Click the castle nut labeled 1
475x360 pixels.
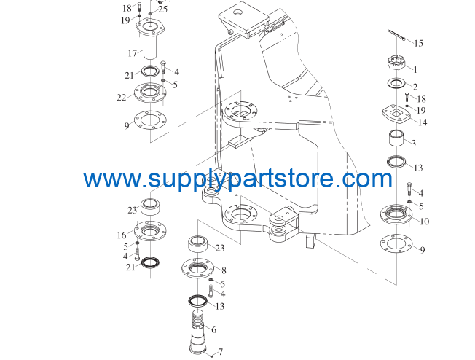pyautogui.click(x=396, y=63)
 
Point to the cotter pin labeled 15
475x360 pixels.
pyautogui.click(x=396, y=35)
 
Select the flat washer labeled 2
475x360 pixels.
pyautogui.click(x=396, y=84)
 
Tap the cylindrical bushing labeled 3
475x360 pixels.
pyautogui.click(x=396, y=138)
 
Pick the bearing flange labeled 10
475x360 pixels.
pyautogui.click(x=396, y=214)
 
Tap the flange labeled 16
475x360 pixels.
pyautogui.click(x=150, y=230)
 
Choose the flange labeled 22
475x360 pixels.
pyautogui.click(x=150, y=93)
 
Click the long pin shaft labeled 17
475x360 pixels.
pyautogui.click(x=150, y=39)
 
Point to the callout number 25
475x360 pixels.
pyautogui.click(x=162, y=9)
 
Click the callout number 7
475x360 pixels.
pyautogui.click(x=220, y=351)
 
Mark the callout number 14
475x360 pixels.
pyautogui.click(x=423, y=122)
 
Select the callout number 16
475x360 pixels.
pyautogui.click(x=122, y=235)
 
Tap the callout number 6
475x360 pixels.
pyautogui.click(x=214, y=329)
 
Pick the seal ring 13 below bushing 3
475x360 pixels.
pyautogui.click(x=396, y=162)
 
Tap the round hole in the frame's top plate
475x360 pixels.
pyautogui.click(x=238, y=13)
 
